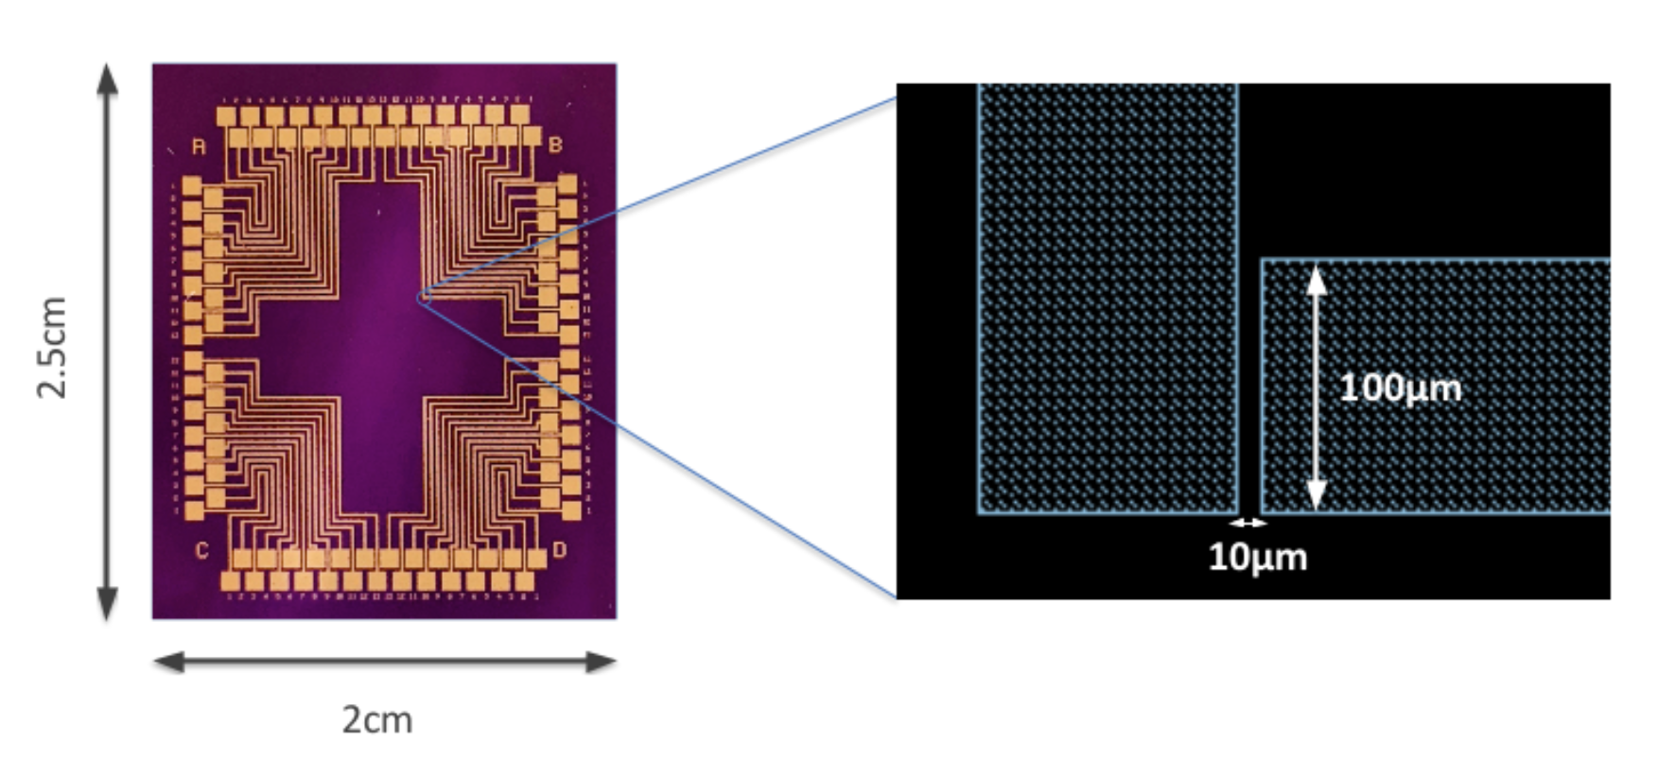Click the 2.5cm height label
tap(52, 347)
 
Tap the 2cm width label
tap(377, 720)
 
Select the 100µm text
tap(1400, 387)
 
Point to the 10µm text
tap(1258, 557)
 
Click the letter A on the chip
tap(199, 146)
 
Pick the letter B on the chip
tap(555, 145)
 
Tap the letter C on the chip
tap(201, 550)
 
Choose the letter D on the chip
tap(559, 550)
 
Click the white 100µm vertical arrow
tap(1316, 387)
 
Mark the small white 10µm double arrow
tap(1248, 523)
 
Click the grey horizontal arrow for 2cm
tap(384, 662)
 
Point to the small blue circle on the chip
tap(424, 298)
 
